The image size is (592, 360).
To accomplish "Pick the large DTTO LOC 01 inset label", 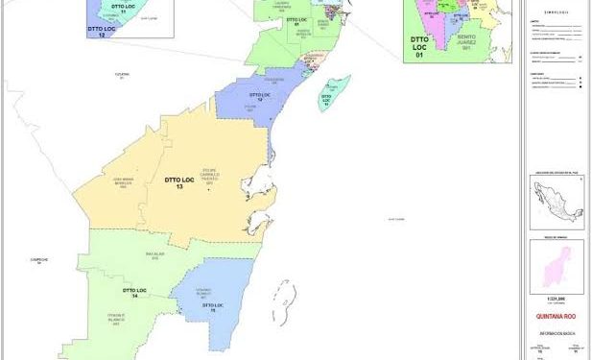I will pyautogui.click(x=418, y=46).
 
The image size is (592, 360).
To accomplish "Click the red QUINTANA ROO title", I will pyautogui.click(x=556, y=312).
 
